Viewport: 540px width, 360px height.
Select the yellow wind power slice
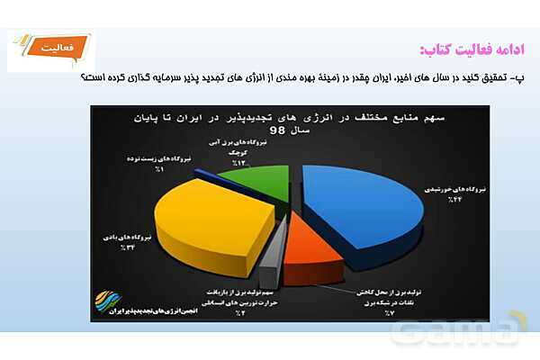pyautogui.click(x=216, y=216)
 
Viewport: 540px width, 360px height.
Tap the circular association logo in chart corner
pyautogui.click(x=107, y=299)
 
